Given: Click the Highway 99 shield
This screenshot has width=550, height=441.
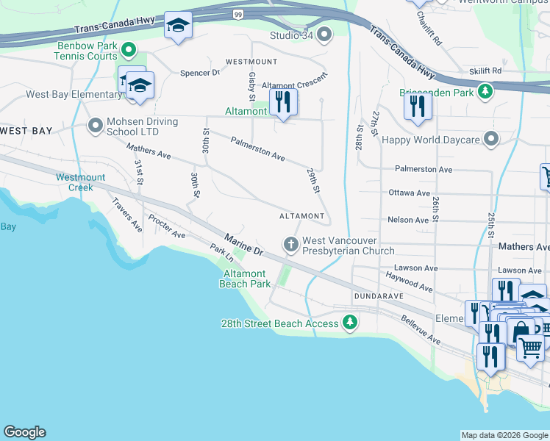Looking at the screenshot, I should point(238,13).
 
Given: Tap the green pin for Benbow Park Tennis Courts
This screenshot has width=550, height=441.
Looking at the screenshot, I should point(129,50).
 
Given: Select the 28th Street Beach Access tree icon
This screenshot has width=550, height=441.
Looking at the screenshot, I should point(351,323).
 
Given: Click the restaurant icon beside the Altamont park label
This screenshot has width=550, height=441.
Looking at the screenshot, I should point(284,102).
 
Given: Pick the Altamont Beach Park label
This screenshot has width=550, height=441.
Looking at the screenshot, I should point(246,278).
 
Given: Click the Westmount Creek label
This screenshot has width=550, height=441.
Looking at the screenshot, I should point(80,182).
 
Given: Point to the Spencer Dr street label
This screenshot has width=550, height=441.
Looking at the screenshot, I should point(200,73).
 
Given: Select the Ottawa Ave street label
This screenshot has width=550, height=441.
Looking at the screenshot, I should point(409,193).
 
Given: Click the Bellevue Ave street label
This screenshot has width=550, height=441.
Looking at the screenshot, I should point(421,331).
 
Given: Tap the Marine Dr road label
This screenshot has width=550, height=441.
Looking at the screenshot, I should point(243,245).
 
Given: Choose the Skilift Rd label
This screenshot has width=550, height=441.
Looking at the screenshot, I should point(486,71).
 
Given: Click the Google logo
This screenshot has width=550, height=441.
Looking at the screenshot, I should point(24,432).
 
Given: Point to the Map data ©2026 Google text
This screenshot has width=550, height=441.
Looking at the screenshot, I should point(504,435).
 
